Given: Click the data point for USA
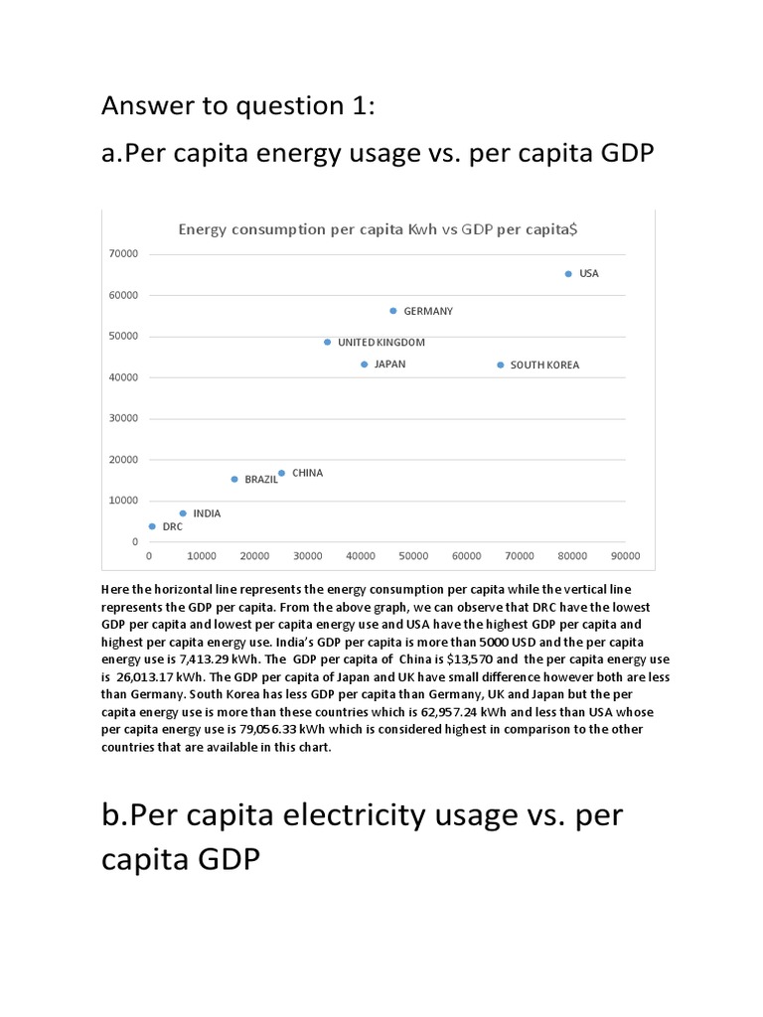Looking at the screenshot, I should pyautogui.click(x=568, y=273).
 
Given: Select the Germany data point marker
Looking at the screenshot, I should pyautogui.click(x=393, y=311).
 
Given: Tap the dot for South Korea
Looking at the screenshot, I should pyautogui.click(x=500, y=364).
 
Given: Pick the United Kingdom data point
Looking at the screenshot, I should pyautogui.click(x=328, y=342).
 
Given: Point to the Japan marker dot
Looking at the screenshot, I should pyautogui.click(x=365, y=364).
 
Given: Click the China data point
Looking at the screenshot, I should pyautogui.click(x=282, y=473).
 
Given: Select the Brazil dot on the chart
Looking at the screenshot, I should pyautogui.click(x=234, y=479).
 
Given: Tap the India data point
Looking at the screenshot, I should pyautogui.click(x=183, y=513).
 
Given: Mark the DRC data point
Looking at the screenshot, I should pyautogui.click(x=152, y=526).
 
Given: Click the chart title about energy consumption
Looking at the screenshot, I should pyautogui.click(x=379, y=228).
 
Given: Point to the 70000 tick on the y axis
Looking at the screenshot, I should pyautogui.click(x=123, y=253).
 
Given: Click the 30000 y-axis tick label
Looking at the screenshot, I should pyautogui.click(x=123, y=418).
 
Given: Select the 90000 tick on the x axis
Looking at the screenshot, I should pyautogui.click(x=625, y=555).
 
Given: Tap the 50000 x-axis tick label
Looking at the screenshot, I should pyautogui.click(x=413, y=555).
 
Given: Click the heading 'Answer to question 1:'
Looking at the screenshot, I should pyautogui.click(x=238, y=105).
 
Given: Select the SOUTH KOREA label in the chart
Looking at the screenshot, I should pyautogui.click(x=544, y=364).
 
